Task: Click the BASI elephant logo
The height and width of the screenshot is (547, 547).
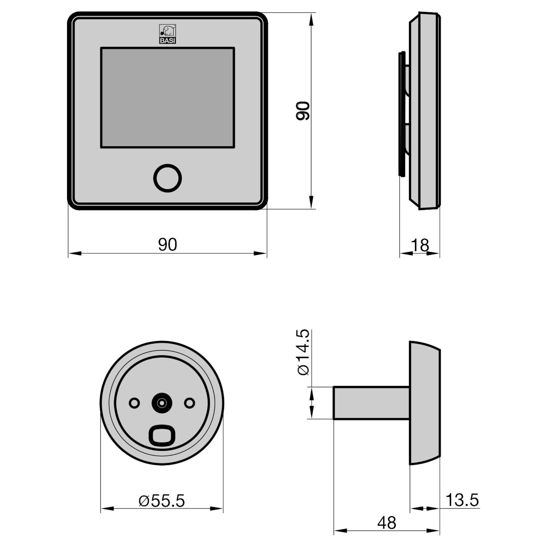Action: pos(167,34)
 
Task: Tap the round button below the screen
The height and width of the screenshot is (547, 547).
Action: pos(167,178)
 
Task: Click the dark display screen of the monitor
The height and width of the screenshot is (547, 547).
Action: pos(167,98)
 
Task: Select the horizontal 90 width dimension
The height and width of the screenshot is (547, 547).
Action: pos(167,245)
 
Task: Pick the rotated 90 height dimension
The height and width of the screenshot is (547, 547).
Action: pos(303,111)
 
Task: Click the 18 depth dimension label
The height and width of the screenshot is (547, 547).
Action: pos(420,245)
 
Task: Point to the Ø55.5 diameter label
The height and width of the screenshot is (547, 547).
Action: pos(162,501)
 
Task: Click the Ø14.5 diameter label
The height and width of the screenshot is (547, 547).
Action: pos(304,352)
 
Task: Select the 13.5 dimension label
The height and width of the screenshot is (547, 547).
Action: pos(462,500)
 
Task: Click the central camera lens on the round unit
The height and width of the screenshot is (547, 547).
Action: pos(162,403)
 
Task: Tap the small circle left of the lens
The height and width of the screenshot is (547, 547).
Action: pos(134,403)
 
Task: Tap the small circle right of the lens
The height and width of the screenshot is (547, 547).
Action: pos(190,403)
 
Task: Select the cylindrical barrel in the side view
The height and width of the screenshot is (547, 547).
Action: pos(371,403)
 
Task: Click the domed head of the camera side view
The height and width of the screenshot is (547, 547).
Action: pos(425,403)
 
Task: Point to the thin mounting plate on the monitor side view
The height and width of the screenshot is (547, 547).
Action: pos(401,113)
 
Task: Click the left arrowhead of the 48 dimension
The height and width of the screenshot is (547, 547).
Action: pos(340,530)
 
